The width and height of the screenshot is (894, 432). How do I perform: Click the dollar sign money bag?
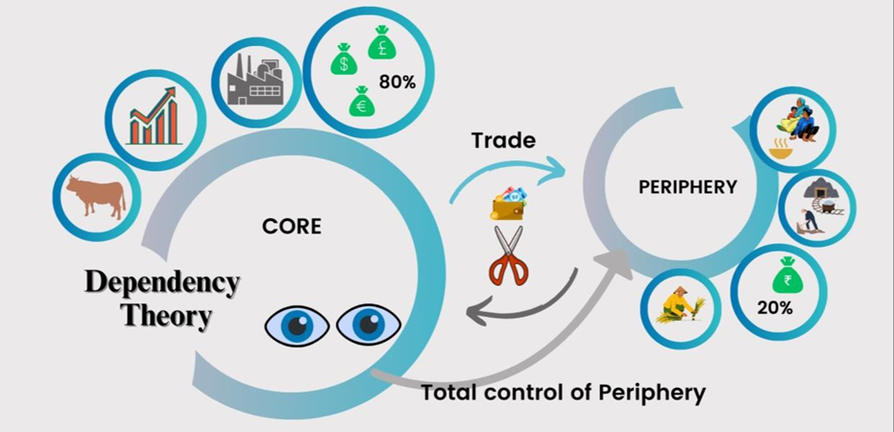point(342,60)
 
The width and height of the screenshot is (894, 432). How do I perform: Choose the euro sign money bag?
point(362,100)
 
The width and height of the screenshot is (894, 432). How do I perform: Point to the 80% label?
point(398,83)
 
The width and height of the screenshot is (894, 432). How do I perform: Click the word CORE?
point(292,228)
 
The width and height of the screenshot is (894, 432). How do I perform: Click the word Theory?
point(166,316)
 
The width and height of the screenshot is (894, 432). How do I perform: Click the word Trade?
point(502,140)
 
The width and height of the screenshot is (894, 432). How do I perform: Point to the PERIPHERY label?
point(687,188)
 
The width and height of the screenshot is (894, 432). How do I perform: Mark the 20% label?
point(774,308)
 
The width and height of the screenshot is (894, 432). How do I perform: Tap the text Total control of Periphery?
point(563,392)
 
